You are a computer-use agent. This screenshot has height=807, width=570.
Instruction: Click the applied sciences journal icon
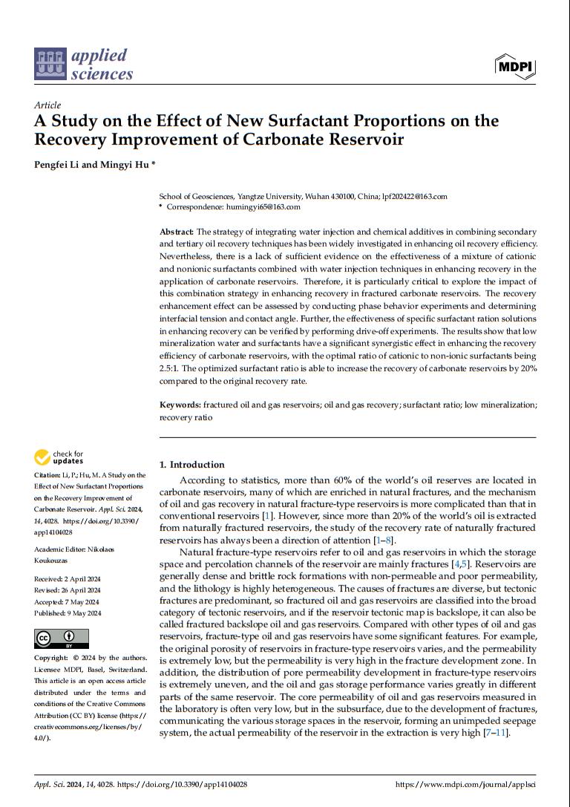pos(50,64)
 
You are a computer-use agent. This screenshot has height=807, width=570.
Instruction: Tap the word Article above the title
pos(47,105)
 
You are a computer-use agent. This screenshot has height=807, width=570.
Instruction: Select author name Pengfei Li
pos(56,164)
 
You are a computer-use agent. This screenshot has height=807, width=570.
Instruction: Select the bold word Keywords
pos(180,405)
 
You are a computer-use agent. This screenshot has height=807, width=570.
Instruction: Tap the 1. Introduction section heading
pos(191,465)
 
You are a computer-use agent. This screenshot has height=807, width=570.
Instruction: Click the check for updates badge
pos(59,457)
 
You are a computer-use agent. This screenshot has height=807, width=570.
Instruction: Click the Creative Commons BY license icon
pos(61,638)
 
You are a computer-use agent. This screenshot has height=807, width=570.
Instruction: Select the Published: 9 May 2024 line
pos(68,612)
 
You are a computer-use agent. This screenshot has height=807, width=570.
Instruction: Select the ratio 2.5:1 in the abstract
pos(171,368)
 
